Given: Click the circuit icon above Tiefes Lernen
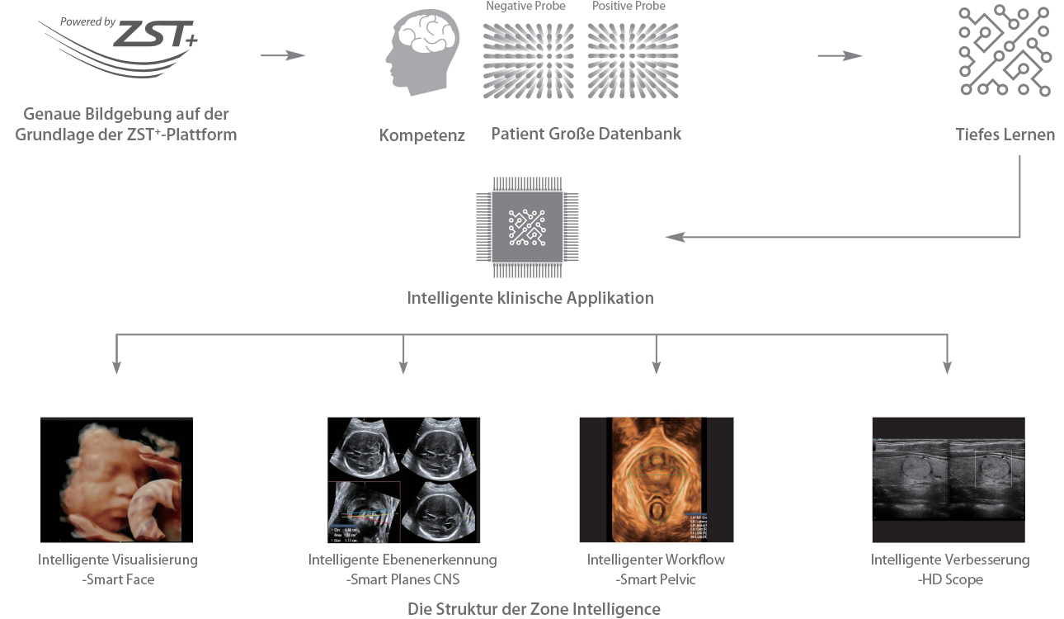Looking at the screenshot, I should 1005,50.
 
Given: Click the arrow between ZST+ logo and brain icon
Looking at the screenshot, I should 283,55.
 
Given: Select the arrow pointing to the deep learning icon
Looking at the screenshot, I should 840,55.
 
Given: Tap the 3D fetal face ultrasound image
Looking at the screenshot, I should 116,479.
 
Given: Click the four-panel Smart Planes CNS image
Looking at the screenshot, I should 403,479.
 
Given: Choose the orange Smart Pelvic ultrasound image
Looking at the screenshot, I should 656,479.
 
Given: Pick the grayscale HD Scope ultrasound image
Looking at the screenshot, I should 949,468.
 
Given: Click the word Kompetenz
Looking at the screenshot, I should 422,135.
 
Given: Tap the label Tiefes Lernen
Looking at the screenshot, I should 1005,135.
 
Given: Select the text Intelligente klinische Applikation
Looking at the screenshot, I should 530,298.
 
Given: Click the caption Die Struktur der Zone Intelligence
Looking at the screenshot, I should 534,609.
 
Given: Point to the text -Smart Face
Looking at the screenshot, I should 118,579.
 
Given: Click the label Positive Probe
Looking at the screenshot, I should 629,7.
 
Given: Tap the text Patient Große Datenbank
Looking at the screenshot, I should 586,134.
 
